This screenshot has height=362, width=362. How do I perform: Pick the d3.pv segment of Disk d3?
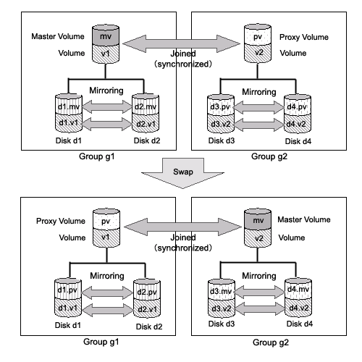[x=221, y=106]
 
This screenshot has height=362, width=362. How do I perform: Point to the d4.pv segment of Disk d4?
[x=298, y=106]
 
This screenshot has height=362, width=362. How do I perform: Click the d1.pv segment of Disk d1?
[x=68, y=289]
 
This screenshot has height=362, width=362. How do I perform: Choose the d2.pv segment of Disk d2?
[x=147, y=290]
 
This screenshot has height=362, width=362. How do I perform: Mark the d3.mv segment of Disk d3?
[x=222, y=290]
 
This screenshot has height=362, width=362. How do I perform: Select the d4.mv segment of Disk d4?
[x=298, y=289]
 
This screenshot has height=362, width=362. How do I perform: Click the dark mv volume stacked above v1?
[x=106, y=35]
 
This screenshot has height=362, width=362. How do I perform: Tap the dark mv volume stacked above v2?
[x=258, y=219]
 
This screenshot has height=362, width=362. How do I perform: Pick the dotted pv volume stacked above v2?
[x=258, y=35]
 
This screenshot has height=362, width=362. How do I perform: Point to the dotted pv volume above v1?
[x=106, y=220]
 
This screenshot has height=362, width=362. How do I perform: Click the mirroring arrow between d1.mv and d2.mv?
[x=107, y=106]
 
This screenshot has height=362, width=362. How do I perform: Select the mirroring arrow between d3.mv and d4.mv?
[x=260, y=292]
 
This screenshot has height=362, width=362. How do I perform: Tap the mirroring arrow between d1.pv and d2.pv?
[x=107, y=292]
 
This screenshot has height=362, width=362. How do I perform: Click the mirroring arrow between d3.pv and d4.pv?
[x=259, y=107]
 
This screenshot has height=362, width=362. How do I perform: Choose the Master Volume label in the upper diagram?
[x=58, y=36]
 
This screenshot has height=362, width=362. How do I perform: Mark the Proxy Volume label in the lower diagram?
[x=61, y=221]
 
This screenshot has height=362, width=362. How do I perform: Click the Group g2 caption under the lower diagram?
[x=271, y=342]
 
